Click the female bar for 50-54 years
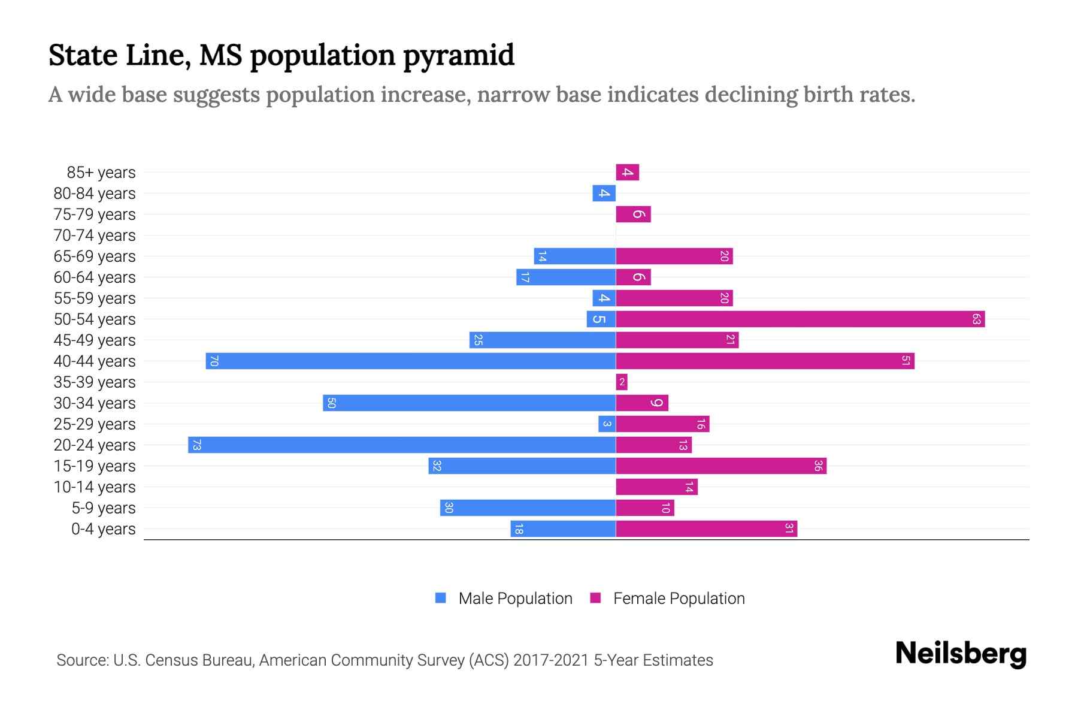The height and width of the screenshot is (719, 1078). tap(800, 319)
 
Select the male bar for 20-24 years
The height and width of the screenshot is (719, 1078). tap(402, 445)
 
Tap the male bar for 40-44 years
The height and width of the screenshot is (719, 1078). tap(411, 361)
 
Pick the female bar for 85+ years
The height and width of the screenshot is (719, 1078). tap(628, 173)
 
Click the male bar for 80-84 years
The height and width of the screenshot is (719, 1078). tap(604, 194)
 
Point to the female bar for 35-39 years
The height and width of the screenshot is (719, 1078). tap(622, 382)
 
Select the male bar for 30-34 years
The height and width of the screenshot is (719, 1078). tap(469, 403)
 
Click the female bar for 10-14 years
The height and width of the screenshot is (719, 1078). tap(656, 487)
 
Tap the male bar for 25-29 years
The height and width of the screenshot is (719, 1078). tap(607, 424)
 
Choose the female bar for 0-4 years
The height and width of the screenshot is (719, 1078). tap(706, 529)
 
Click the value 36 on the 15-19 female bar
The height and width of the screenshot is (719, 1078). tap(818, 466)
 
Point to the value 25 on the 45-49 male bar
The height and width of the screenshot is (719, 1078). tap(478, 340)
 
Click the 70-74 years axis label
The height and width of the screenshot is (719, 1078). tap(95, 235)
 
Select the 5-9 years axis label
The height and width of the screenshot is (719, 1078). tap(103, 508)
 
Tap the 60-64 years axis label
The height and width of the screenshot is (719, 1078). tap(95, 277)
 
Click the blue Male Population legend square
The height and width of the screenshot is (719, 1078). tap(441, 598)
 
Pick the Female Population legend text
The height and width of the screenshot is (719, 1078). tap(679, 599)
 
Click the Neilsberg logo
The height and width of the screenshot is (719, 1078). tap(961, 654)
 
